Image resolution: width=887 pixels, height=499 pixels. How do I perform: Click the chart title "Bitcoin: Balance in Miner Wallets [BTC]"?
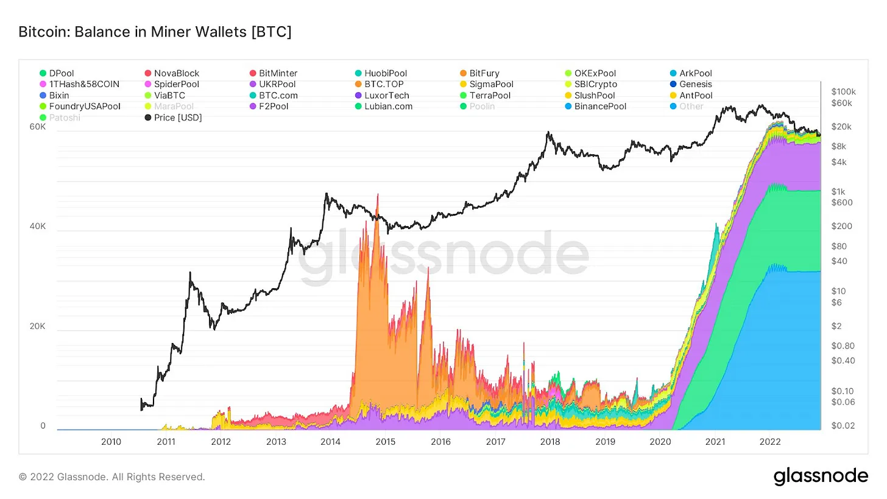(x=155, y=32)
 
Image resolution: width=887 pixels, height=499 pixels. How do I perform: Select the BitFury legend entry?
(x=484, y=73)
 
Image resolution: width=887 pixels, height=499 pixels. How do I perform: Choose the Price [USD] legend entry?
(x=177, y=117)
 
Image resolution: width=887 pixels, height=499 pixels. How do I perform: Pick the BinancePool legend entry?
(x=601, y=106)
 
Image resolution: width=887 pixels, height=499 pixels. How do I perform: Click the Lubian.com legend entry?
(x=388, y=106)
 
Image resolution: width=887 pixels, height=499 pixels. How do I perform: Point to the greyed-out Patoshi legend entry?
(x=64, y=117)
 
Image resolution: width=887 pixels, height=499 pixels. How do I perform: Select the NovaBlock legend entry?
(x=177, y=73)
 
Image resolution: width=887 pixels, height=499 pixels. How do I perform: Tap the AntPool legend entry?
(x=696, y=95)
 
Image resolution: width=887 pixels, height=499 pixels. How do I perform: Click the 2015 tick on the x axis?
(x=386, y=441)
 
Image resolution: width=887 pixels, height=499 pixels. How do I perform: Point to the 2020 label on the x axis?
(x=660, y=441)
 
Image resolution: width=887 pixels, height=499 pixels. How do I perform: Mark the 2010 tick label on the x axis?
(x=110, y=441)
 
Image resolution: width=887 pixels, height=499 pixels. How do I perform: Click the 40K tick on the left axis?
(x=38, y=227)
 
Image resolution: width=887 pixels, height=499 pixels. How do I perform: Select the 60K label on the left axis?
(x=38, y=127)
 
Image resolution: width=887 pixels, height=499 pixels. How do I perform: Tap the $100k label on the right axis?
(x=843, y=91)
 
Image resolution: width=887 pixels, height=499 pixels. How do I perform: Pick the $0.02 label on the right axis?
(x=842, y=425)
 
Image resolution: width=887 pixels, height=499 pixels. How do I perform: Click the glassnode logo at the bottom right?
(x=821, y=476)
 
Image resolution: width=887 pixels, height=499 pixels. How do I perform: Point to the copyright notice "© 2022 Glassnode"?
(x=111, y=476)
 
